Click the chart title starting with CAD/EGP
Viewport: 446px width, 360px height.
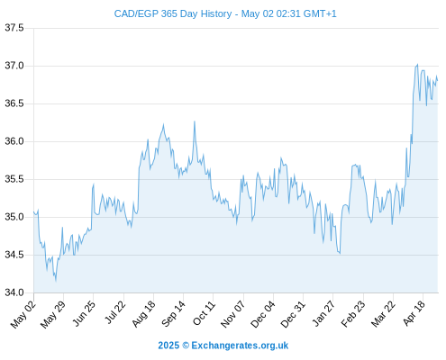(225, 13)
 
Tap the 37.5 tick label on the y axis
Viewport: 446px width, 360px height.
(14, 28)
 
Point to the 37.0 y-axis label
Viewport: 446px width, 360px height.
(14, 66)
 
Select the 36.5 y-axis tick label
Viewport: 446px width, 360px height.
(14, 103)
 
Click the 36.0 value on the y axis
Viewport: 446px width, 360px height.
(14, 141)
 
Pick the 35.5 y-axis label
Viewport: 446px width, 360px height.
(14, 179)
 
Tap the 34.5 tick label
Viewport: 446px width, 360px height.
(14, 255)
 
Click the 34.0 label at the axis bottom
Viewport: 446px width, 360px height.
(14, 292)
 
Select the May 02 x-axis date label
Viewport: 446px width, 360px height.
(23, 314)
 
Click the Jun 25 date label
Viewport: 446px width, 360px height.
(84, 313)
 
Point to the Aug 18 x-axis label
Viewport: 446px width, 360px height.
(143, 313)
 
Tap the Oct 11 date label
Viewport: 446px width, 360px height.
(204, 313)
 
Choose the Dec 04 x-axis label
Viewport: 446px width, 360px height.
(262, 314)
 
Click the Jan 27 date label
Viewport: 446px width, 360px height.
(323, 313)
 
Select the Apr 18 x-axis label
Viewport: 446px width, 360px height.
(414, 313)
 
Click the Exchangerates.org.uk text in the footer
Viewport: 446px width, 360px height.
(240, 346)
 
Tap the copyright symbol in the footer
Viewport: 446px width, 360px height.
(186, 346)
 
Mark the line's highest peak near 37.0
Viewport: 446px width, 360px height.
(417, 64)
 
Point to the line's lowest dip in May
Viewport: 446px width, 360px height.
(56, 281)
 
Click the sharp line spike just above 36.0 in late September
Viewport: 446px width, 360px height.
(195, 121)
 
